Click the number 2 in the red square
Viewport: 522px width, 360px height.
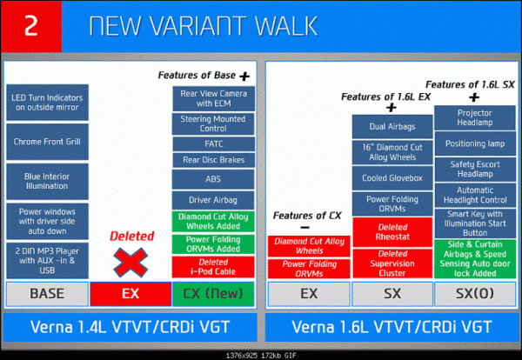click(x=31, y=25)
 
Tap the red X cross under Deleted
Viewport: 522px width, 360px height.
click(x=130, y=263)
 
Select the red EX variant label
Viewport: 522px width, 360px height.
click(x=130, y=294)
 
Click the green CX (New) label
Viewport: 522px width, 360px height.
click(x=213, y=294)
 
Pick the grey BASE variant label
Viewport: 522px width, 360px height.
click(x=47, y=294)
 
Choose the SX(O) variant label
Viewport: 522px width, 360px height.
click(x=475, y=294)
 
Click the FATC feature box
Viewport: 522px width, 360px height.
click(x=213, y=144)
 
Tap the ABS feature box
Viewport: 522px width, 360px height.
click(x=213, y=179)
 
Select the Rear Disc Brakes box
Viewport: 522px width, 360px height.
click(x=213, y=160)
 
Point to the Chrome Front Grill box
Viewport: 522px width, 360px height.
click(x=47, y=142)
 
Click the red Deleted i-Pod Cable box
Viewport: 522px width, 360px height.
click(x=213, y=267)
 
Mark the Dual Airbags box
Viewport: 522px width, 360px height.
click(x=392, y=127)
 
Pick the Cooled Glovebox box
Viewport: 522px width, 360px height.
click(x=392, y=178)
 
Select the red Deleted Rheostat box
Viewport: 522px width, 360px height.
click(x=392, y=232)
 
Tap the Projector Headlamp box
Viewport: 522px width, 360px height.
click(x=475, y=117)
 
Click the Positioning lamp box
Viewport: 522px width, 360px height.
click(x=475, y=143)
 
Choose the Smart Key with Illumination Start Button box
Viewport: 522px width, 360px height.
click(x=475, y=223)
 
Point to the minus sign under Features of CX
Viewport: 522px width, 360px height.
click(x=305, y=228)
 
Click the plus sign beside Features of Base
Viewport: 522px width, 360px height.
click(x=244, y=77)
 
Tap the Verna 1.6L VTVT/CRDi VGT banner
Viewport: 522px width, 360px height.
click(x=392, y=327)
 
